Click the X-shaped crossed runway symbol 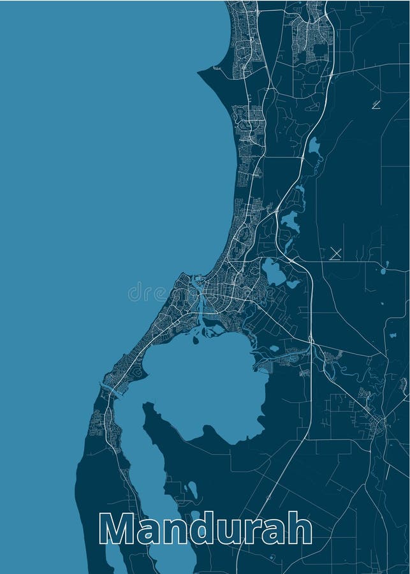335,254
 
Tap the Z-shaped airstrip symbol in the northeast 376,105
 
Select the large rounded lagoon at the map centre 204,383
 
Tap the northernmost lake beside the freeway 314,147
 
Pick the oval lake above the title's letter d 192,490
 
